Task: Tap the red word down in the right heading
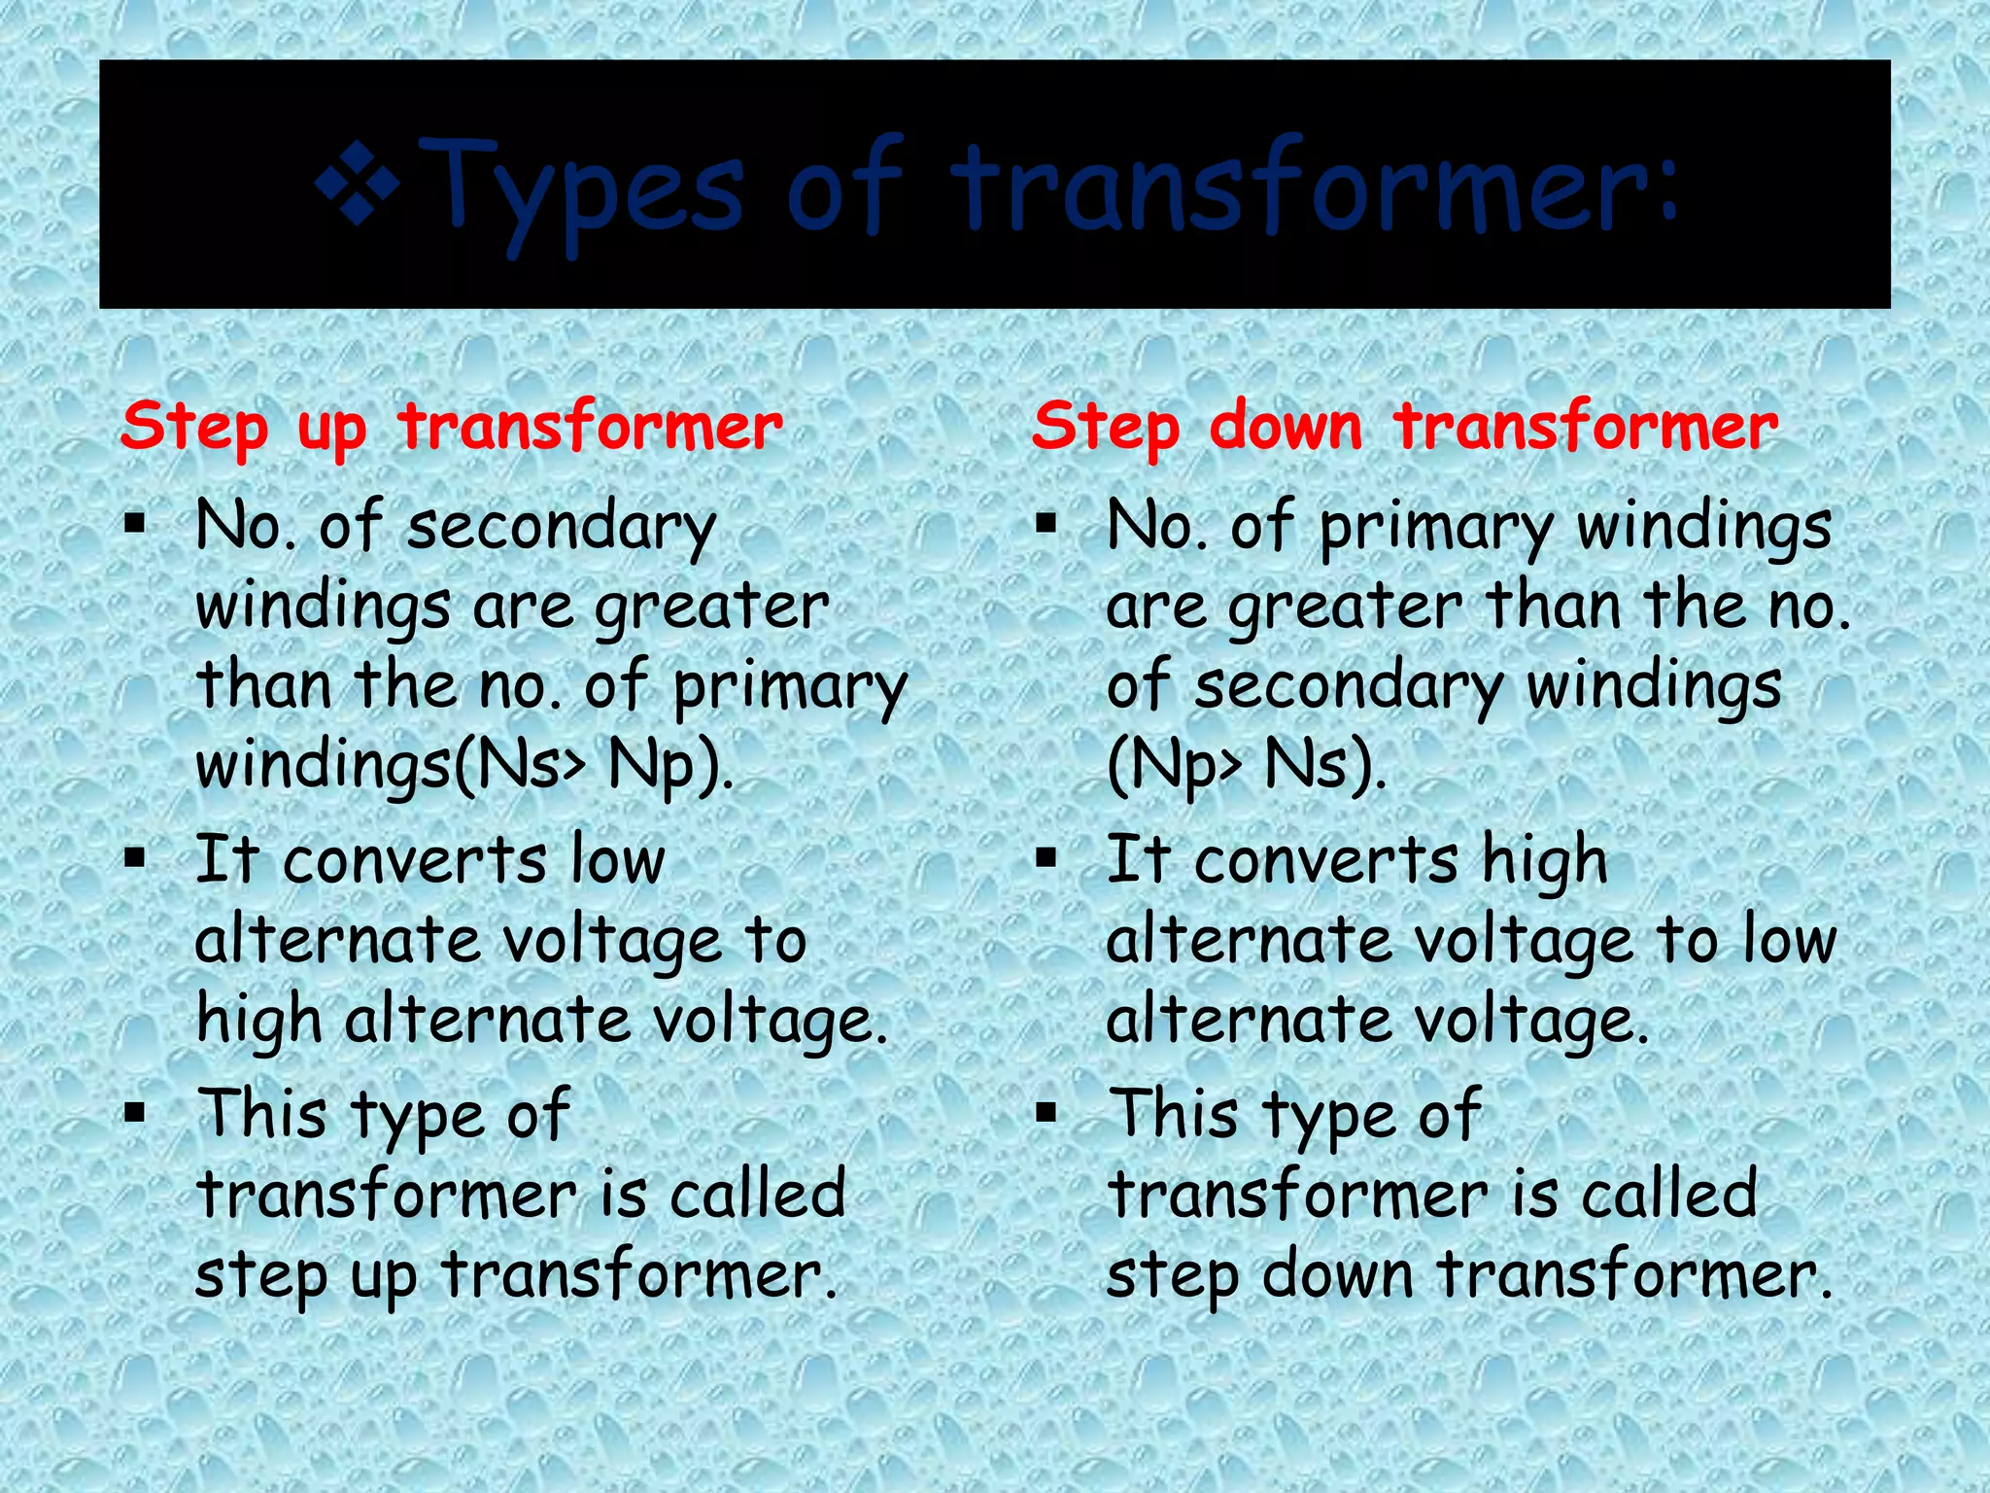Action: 1286,427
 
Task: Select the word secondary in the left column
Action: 561,528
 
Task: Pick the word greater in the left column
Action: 711,608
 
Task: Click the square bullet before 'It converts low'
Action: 134,858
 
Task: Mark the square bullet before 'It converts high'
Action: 1046,858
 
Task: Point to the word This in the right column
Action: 1177,1113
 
